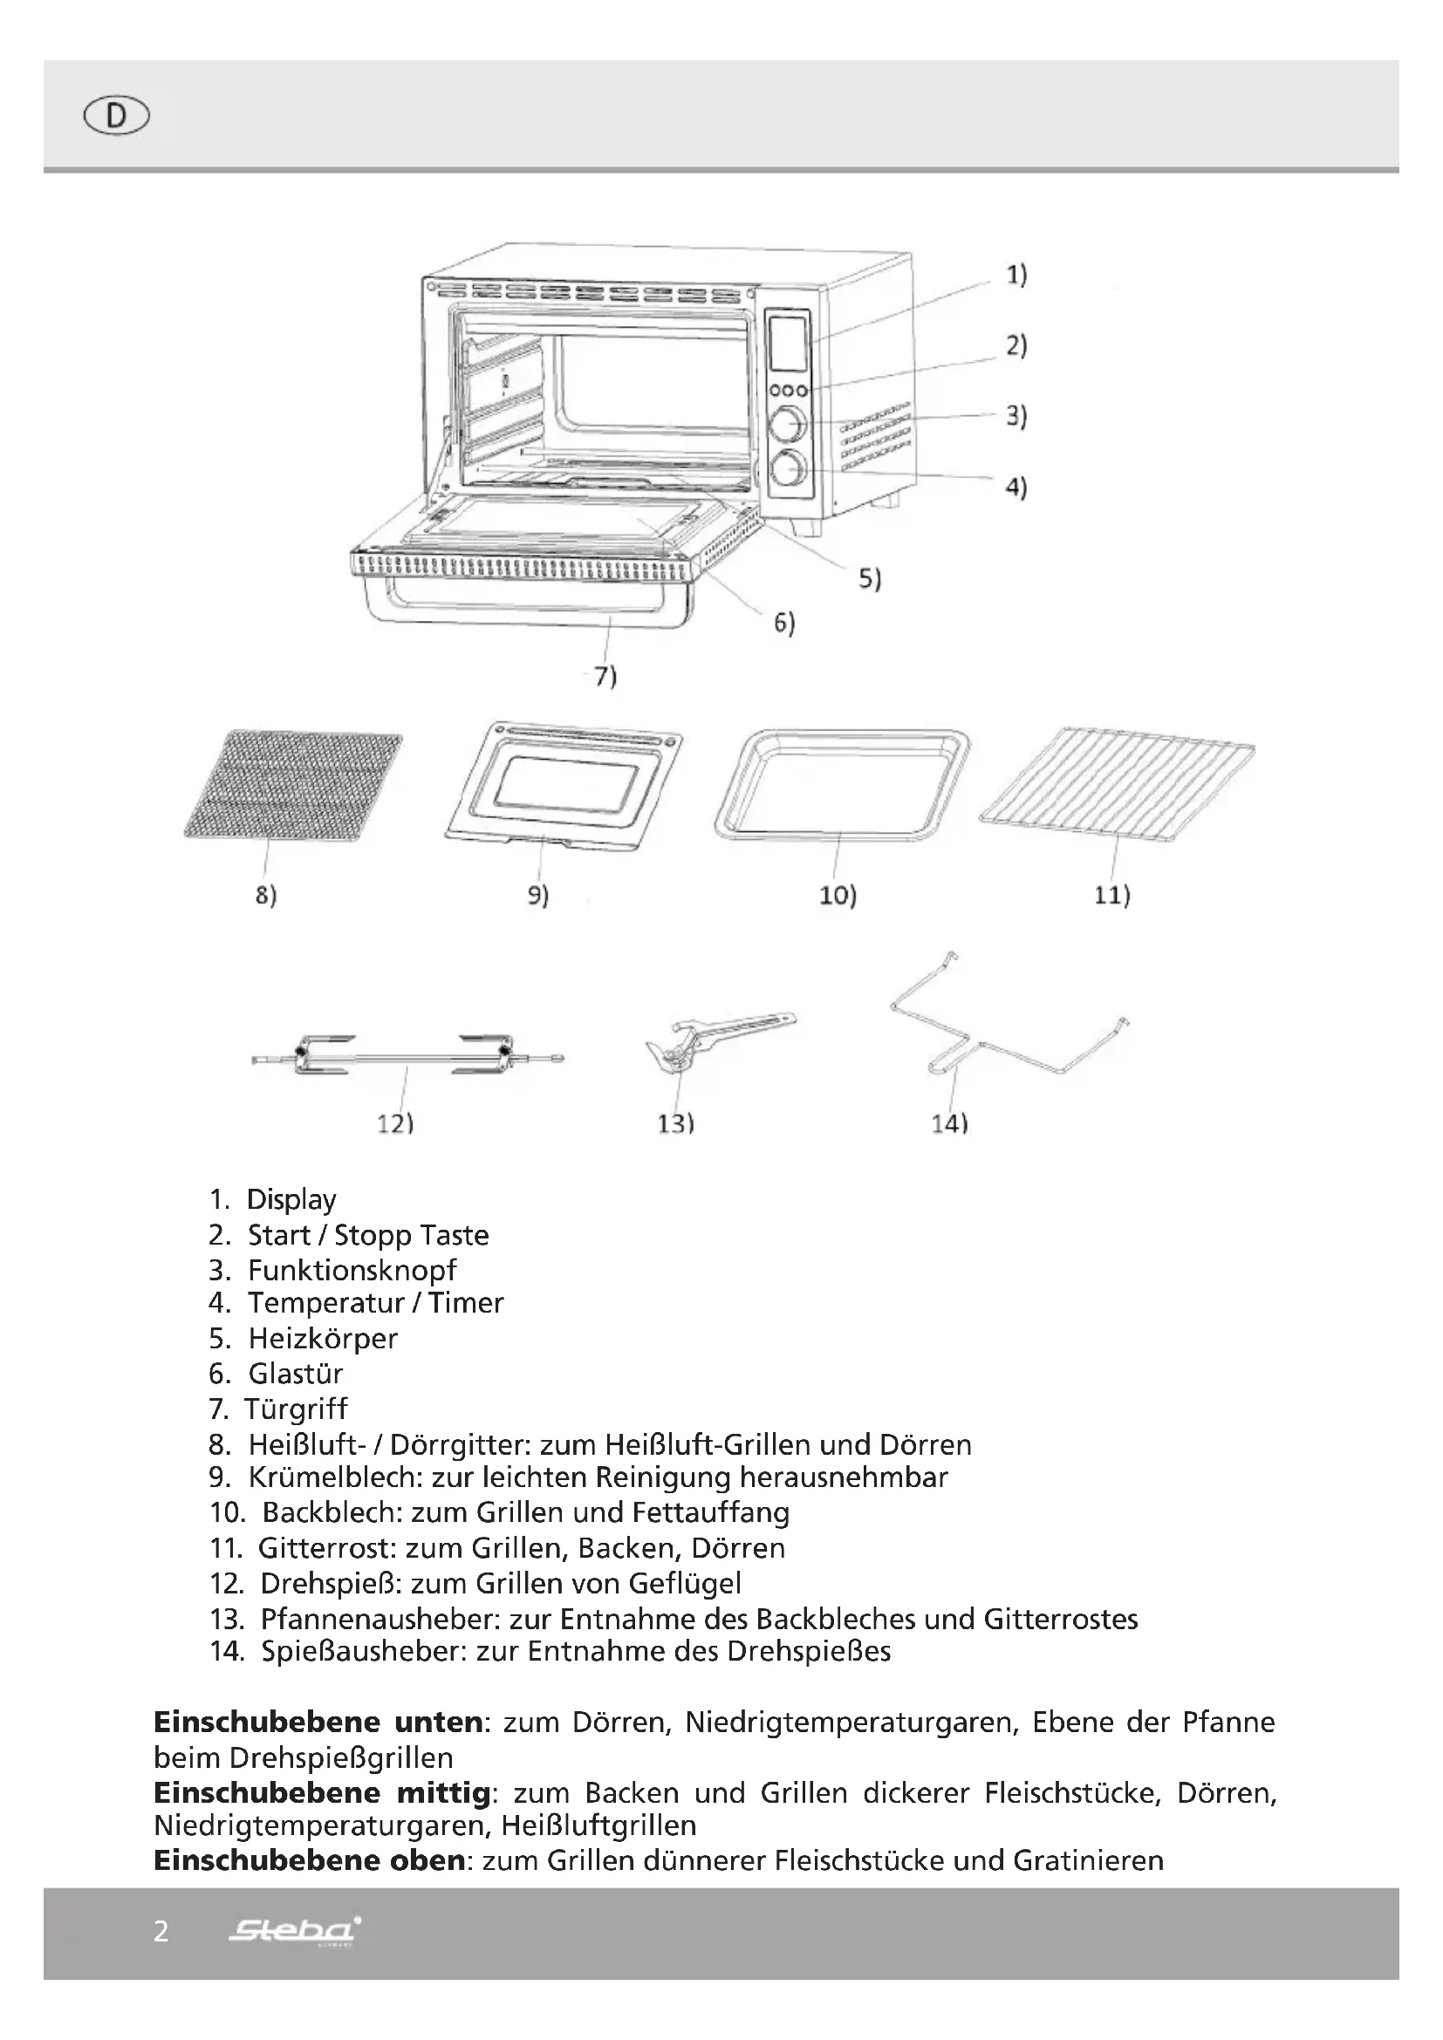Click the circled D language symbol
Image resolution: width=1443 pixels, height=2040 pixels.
[116, 116]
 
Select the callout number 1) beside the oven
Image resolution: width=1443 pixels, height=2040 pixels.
[1016, 275]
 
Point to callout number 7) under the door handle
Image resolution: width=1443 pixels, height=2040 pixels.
[605, 676]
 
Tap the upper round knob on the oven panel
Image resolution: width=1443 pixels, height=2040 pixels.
[788, 424]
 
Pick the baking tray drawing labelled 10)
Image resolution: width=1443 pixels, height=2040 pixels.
[841, 784]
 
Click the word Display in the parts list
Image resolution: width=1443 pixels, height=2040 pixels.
[291, 1199]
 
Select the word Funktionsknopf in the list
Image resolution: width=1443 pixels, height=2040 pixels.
[352, 1270]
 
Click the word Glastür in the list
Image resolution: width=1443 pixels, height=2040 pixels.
[295, 1374]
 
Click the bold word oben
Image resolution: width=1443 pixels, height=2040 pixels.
[427, 1860]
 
